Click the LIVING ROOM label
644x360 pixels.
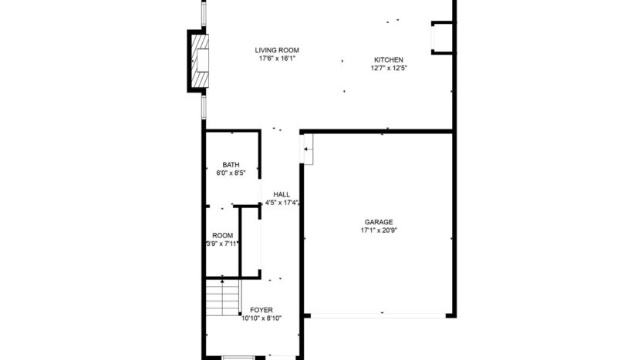[x=277, y=50]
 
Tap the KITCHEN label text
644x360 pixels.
[x=388, y=60]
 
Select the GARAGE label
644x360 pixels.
[x=379, y=221]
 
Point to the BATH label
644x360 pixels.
[x=231, y=164]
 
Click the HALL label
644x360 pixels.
[x=282, y=194]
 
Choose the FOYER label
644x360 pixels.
[x=261, y=309]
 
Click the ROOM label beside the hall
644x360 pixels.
[x=223, y=235]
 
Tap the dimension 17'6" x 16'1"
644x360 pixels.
[x=277, y=58]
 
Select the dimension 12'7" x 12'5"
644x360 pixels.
[x=388, y=68]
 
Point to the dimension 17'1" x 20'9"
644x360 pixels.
[x=379, y=229]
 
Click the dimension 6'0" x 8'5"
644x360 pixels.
[x=231, y=173]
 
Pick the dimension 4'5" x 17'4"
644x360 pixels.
[x=282, y=203]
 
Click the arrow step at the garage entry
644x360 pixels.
[x=308, y=149]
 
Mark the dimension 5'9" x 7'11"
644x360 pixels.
[x=222, y=244]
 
